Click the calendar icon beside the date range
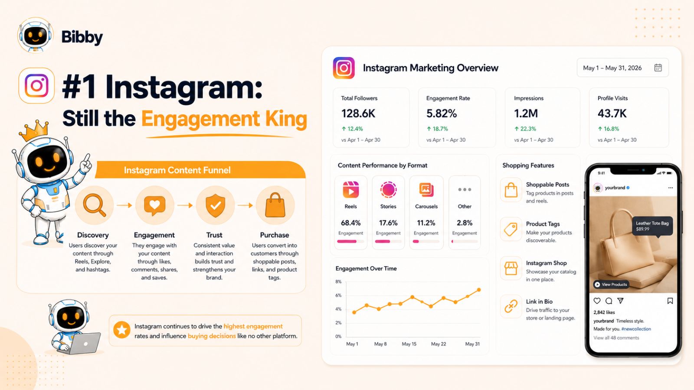pyautogui.click(x=658, y=68)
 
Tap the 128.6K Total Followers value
pyautogui.click(x=358, y=114)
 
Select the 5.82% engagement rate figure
pyautogui.click(x=442, y=114)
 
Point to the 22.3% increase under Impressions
pyautogui.click(x=525, y=129)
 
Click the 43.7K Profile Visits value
pyautogui.click(x=612, y=114)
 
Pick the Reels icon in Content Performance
pyautogui.click(x=351, y=189)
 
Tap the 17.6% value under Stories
pyautogui.click(x=388, y=223)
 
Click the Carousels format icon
pyautogui.click(x=426, y=189)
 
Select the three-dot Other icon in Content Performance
pyautogui.click(x=465, y=189)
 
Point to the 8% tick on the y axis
pyautogui.click(x=338, y=282)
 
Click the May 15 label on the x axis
pyautogui.click(x=409, y=344)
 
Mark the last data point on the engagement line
pyautogui.click(x=479, y=290)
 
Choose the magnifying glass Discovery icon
pyautogui.click(x=95, y=205)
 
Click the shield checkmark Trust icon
pyautogui.click(x=215, y=205)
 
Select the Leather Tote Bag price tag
pyautogui.click(x=652, y=226)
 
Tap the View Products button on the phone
pyautogui.click(x=611, y=284)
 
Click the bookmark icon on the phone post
pyautogui.click(x=670, y=301)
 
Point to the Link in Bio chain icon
pyautogui.click(x=511, y=306)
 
